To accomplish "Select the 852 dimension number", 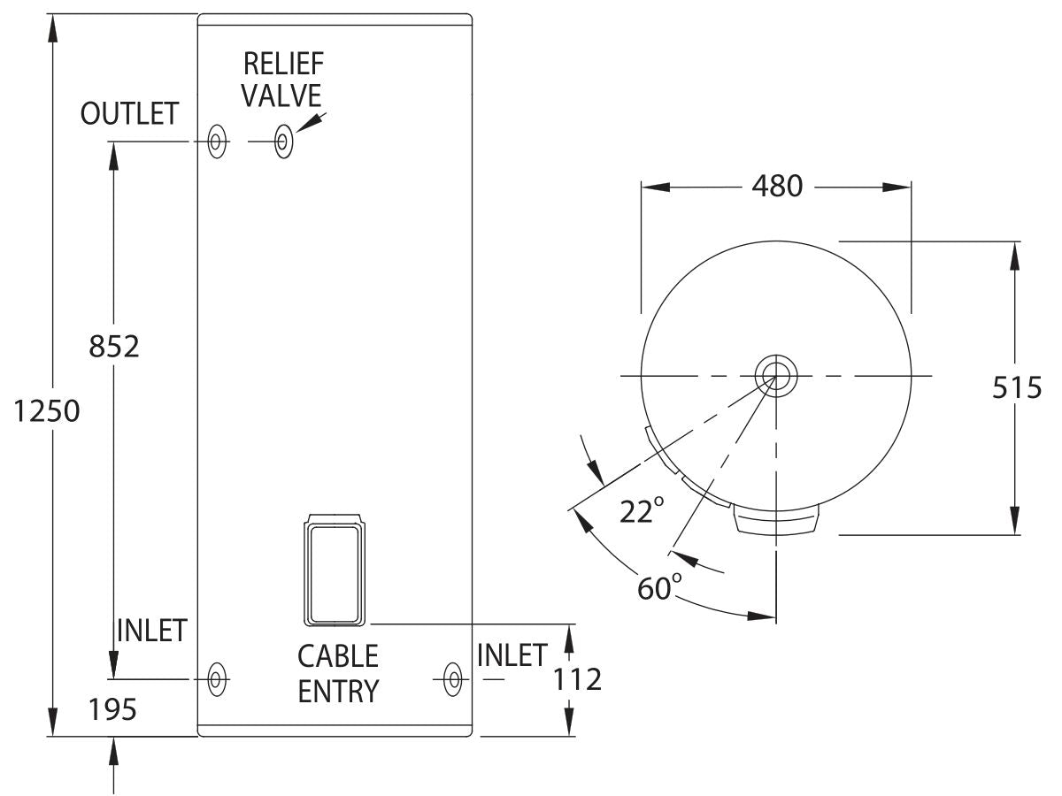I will click(x=114, y=346).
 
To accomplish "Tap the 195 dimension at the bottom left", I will click(x=113, y=708).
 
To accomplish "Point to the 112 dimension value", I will click(x=576, y=679).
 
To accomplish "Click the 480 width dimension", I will click(x=776, y=187).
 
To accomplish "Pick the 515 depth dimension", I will click(x=1016, y=387).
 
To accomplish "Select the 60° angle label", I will click(x=659, y=586).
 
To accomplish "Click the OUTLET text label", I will click(x=129, y=114).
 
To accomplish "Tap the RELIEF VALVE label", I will click(x=282, y=79).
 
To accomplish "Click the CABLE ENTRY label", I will click(x=337, y=673).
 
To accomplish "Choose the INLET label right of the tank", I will click(x=512, y=655).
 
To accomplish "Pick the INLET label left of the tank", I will click(x=151, y=631).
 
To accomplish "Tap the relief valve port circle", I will click(x=283, y=142).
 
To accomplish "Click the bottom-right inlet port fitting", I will click(x=452, y=679).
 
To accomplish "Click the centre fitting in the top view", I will click(x=776, y=377).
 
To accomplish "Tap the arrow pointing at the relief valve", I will click(x=309, y=122).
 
